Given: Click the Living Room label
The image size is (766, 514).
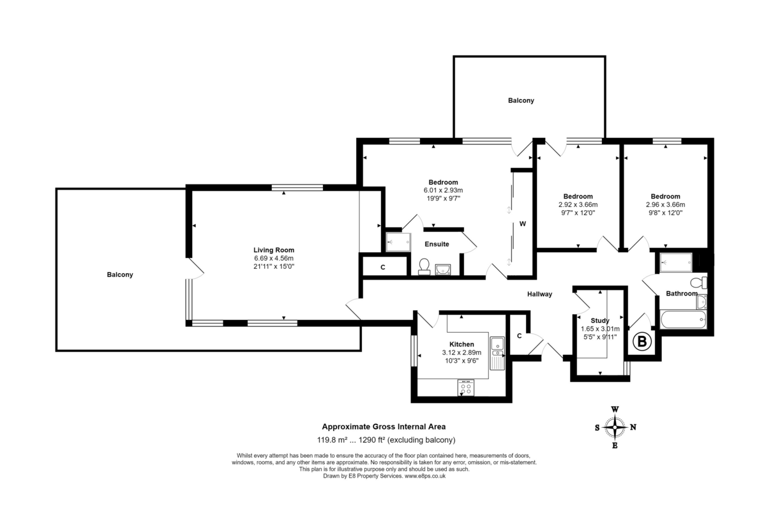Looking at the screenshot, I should coord(273,250).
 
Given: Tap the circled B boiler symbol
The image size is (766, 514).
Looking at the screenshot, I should coord(642,343).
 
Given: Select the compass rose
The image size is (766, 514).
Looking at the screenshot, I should coord(615,427).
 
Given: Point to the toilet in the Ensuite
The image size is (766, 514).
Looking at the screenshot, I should coord(423,266).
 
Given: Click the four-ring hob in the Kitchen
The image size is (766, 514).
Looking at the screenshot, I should coord(465,386).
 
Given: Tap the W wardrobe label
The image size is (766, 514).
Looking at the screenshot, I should coord(522,224).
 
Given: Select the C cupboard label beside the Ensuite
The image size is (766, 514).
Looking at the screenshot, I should coord(383,268).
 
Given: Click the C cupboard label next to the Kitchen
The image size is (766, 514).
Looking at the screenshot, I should coord(520,336).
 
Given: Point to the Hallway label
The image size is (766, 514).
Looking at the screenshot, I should coord(539,294).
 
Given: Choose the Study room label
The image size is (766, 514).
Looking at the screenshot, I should coord(599,321).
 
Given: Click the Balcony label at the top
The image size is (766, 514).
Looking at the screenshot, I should coord(521,101).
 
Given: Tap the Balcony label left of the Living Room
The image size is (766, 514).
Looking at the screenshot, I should coord(120,275).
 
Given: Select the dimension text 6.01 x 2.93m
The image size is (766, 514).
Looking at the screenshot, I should coord(443,190).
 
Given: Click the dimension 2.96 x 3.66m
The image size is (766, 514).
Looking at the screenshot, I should coord(665,205).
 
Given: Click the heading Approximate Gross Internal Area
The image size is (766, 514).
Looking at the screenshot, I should coord(383,427).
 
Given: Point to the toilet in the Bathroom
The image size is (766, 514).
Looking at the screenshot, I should coord(700,282).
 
